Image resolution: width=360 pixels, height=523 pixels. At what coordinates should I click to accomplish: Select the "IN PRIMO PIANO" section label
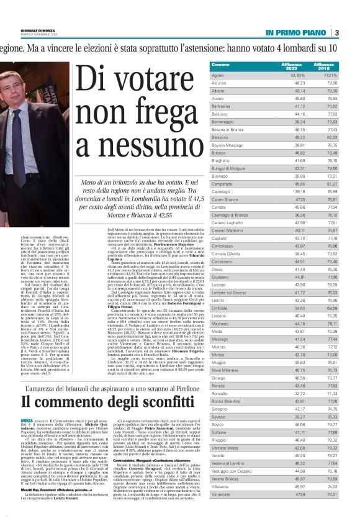(x=296, y=33)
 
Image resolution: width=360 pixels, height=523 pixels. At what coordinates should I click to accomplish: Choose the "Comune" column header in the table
(x=220, y=65)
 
